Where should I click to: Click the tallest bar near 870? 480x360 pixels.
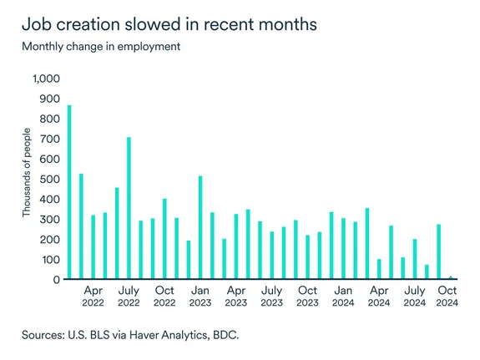point(69,192)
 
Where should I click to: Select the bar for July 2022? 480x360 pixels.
point(129,208)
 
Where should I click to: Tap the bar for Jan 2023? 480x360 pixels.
point(200,227)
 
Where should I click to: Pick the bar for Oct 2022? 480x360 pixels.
point(164,239)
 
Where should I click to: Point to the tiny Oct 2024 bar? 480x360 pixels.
point(451,277)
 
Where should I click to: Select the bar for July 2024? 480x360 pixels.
point(415,259)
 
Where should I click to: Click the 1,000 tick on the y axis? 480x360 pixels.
point(47,79)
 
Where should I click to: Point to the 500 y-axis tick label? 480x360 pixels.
point(51,179)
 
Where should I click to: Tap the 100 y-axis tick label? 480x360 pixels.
point(51,260)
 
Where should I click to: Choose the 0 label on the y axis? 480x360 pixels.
point(58,280)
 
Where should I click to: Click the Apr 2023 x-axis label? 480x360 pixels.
point(236,297)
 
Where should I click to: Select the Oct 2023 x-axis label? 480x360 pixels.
point(308,297)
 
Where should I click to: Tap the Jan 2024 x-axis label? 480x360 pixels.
point(343,297)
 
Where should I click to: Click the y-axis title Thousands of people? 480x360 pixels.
point(27,173)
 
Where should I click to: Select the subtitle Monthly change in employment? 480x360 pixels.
point(101,46)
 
